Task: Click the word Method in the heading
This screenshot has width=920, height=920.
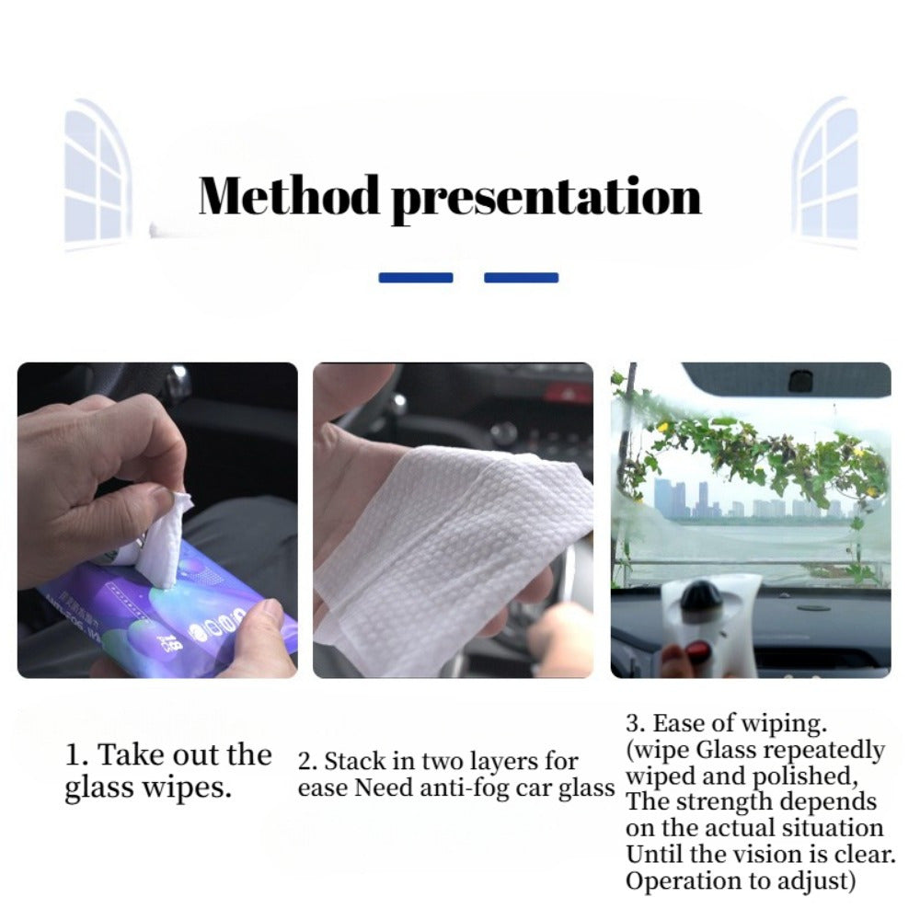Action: (x=289, y=195)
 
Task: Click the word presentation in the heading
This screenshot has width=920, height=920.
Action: (x=546, y=197)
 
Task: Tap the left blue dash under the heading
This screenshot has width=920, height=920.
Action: (x=416, y=277)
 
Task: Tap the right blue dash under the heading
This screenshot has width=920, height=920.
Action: (x=521, y=277)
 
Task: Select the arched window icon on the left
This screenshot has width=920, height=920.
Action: (x=98, y=175)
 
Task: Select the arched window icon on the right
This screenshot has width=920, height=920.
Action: (x=825, y=175)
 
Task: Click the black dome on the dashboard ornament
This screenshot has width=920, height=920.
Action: (x=702, y=596)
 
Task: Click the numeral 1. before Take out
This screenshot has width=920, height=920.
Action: (x=77, y=756)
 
